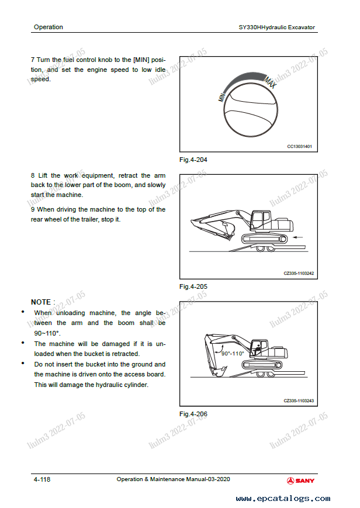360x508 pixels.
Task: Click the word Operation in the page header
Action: click(48, 27)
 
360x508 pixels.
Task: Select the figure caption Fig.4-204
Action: click(193, 160)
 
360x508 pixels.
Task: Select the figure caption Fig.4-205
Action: click(193, 286)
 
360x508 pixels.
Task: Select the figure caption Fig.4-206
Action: click(193, 414)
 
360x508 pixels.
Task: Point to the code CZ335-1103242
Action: click(298, 273)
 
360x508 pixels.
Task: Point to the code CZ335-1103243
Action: click(298, 400)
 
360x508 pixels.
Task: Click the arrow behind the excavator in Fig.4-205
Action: click(300, 237)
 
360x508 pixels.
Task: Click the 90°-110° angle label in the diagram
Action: click(232, 354)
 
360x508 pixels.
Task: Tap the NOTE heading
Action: click(43, 302)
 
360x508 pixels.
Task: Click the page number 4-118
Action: click(41, 479)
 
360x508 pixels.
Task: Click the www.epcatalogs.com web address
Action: click(282, 499)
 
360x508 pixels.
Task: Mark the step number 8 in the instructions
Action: click(33, 175)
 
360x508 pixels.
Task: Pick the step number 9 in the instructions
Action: click(33, 209)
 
